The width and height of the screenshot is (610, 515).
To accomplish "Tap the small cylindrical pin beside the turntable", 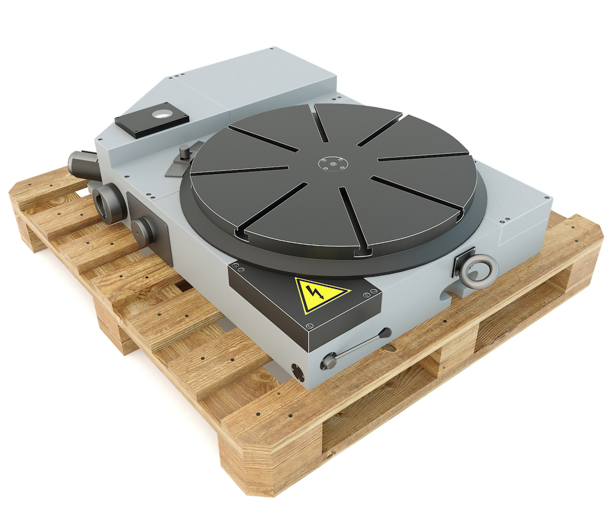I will tap(184, 152).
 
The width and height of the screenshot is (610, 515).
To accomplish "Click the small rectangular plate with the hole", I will tap(152, 120).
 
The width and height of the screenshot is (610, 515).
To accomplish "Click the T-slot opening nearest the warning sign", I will tap(361, 253).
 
